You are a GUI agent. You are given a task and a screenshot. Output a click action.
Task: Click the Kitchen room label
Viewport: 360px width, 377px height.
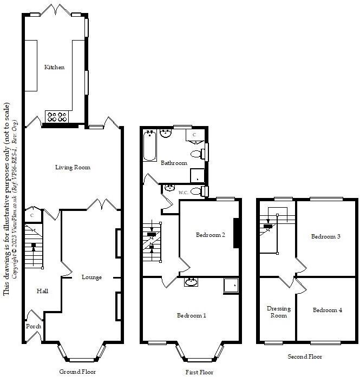point(54,68)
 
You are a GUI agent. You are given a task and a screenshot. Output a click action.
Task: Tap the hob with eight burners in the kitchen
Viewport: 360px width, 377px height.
point(57,116)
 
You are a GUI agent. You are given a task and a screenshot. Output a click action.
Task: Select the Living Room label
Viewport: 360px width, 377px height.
point(73,168)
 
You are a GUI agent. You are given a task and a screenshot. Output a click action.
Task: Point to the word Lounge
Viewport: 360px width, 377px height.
point(91,277)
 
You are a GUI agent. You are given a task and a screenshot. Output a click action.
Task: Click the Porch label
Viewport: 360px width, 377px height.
point(33,327)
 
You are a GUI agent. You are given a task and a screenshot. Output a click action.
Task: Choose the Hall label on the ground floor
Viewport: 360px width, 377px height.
point(42,292)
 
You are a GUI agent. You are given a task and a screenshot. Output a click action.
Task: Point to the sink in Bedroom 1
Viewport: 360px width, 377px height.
point(191,282)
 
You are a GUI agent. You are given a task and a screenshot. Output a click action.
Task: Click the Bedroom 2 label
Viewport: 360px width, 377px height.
point(211,235)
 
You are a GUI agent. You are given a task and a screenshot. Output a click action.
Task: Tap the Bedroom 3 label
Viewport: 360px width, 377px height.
point(326,237)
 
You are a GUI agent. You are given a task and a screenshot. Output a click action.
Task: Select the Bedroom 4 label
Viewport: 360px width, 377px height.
point(327,310)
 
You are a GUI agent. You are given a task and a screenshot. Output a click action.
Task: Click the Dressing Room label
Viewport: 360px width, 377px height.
point(279,312)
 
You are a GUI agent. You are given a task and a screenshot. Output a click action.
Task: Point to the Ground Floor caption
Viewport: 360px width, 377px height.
point(78,372)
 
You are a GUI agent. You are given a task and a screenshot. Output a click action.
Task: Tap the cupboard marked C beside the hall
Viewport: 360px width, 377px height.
point(33,215)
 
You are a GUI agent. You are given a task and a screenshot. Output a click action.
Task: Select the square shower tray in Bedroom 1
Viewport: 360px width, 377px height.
point(231,285)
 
